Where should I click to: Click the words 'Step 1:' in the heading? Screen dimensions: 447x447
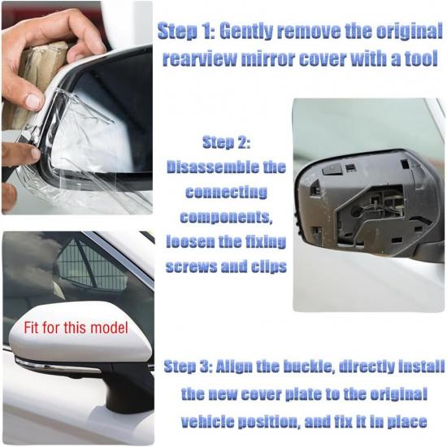[185, 32]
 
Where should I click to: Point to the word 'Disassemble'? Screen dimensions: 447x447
[226, 167]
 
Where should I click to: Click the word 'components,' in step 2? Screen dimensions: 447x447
[226, 217]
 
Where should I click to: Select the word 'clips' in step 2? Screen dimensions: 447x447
[266, 267]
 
